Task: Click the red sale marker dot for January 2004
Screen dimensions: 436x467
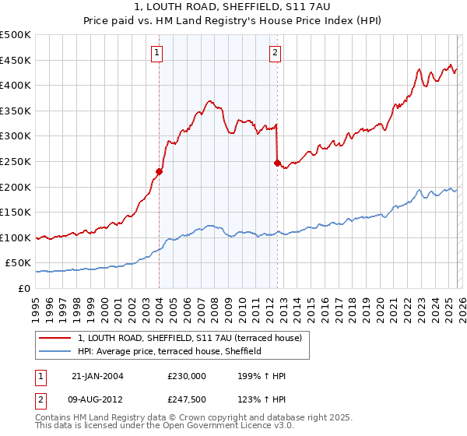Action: click(x=159, y=171)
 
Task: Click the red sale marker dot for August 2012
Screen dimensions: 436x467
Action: click(x=276, y=163)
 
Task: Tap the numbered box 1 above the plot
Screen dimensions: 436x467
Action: click(x=157, y=53)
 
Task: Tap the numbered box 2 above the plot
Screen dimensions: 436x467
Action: click(x=276, y=53)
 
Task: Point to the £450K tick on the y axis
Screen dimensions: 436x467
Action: click(x=16, y=60)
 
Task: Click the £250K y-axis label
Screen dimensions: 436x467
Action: click(x=16, y=161)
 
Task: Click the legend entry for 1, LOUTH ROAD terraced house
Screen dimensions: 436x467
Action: click(x=195, y=338)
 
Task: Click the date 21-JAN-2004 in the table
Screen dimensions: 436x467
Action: click(x=97, y=376)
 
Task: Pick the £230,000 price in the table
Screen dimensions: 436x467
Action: click(x=187, y=376)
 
